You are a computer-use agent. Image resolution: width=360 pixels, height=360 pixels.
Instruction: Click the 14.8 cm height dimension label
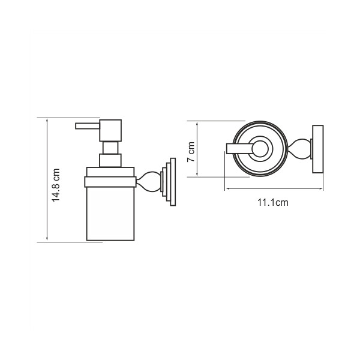coord(56,185)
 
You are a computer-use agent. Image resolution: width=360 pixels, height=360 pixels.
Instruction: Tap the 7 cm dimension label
coord(191,152)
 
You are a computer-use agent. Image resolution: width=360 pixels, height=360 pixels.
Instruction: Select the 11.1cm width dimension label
coord(273,203)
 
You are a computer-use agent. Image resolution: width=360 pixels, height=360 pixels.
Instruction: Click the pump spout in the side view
coord(88,126)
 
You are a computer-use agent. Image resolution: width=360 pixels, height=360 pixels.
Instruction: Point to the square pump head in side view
coord(110,130)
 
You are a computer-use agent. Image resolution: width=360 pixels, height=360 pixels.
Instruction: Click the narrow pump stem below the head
coord(110,148)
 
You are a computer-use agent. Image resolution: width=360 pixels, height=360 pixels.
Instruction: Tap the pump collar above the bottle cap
coord(110,160)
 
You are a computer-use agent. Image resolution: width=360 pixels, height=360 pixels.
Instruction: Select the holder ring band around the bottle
coord(110,182)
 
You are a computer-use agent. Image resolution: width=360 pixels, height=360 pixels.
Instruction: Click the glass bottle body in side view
coord(110,214)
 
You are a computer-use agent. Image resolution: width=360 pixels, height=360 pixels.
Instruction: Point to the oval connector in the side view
coord(148,182)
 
